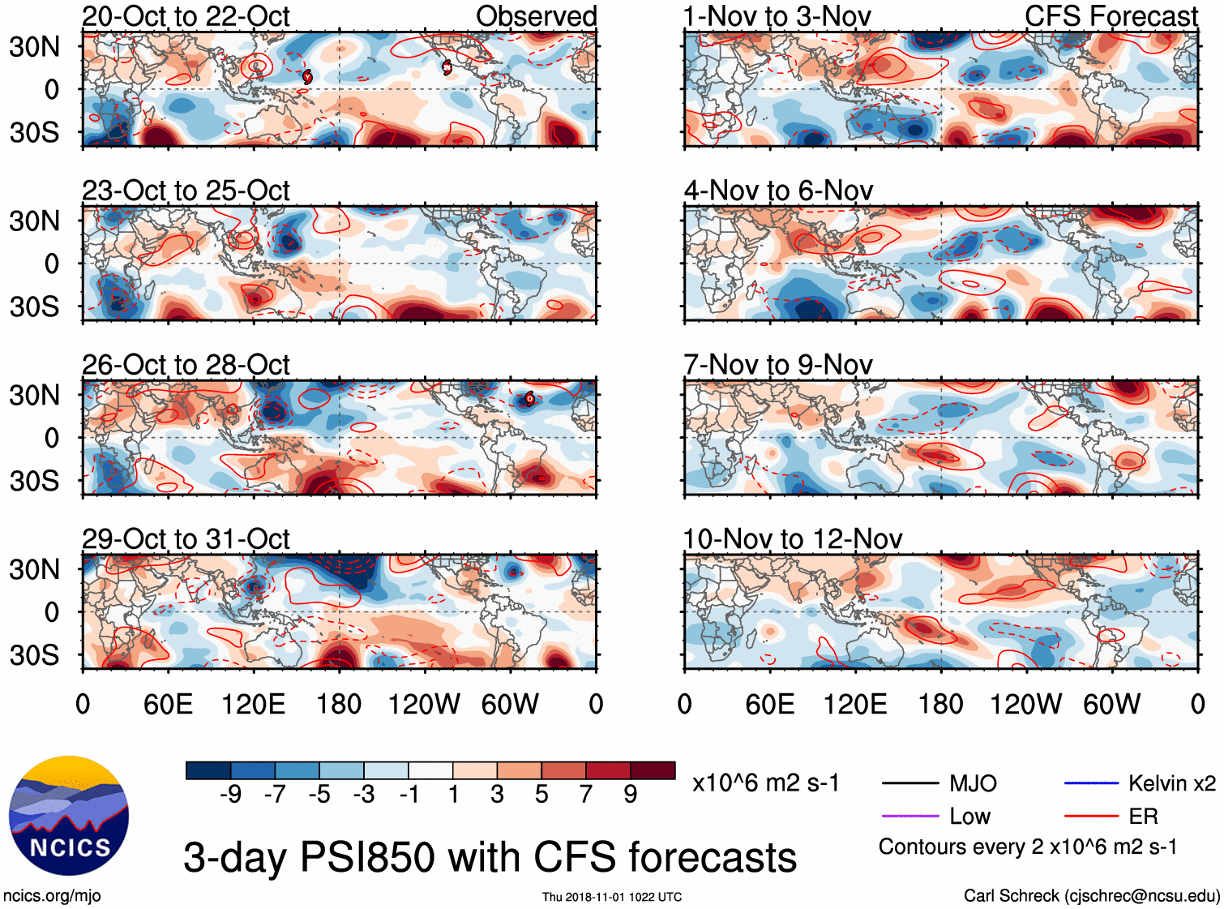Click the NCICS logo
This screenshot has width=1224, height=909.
coord(69,816)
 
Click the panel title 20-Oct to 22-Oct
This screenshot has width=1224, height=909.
coord(186,16)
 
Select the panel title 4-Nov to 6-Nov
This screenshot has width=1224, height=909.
coord(778,191)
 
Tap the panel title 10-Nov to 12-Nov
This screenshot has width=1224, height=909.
coord(792,539)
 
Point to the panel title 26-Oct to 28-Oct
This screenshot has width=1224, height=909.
coord(186,365)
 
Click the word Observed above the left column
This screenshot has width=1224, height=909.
coord(536,16)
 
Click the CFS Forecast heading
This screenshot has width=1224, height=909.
coord(1111,16)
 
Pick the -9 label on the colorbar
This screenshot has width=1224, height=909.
coord(230,795)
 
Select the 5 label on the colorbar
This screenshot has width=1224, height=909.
coord(541,795)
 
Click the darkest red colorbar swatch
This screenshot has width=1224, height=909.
coord(653,770)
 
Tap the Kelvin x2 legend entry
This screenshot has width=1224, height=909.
coord(1171,783)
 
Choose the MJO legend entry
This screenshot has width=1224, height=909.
coord(973,783)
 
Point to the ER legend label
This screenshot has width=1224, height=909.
coord(1143,816)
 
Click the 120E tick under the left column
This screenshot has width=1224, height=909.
coord(253,704)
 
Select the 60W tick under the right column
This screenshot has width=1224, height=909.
coord(1111,704)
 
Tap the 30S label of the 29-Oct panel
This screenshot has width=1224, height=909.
coord(34,655)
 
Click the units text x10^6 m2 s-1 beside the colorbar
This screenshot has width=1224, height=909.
coord(765,783)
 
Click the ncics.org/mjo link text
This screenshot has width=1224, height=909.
coord(52,896)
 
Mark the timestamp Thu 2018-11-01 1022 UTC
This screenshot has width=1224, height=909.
coord(612,897)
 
